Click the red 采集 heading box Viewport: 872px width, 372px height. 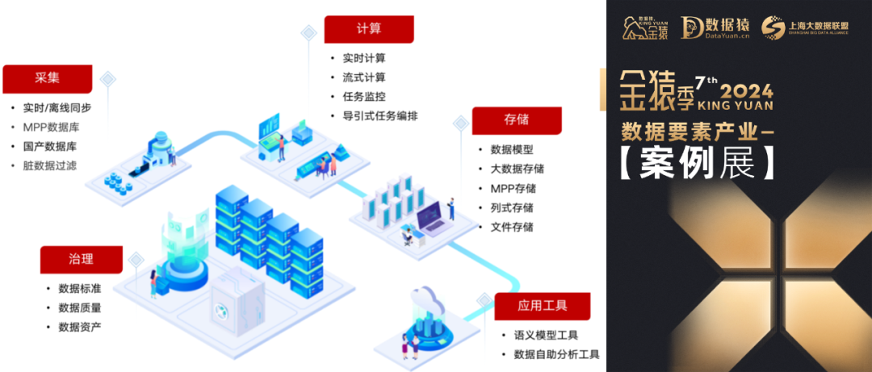[x=47, y=78]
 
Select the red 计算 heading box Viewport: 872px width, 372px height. [x=368, y=29]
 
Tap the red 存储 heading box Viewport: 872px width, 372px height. [x=516, y=119]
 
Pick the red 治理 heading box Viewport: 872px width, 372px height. [x=81, y=259]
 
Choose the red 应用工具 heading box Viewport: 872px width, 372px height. [x=542, y=306]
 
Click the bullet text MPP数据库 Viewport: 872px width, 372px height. [x=51, y=127]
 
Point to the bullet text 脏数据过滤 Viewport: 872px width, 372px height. [x=51, y=165]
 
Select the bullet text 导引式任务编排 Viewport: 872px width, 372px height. [x=379, y=115]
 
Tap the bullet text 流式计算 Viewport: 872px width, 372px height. [x=364, y=77]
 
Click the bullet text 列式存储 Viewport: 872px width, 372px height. [x=512, y=207]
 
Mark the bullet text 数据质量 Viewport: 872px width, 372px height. [x=80, y=307]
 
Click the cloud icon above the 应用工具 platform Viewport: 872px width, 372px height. [x=426, y=300]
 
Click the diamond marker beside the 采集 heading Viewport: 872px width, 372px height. [x=107, y=79]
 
